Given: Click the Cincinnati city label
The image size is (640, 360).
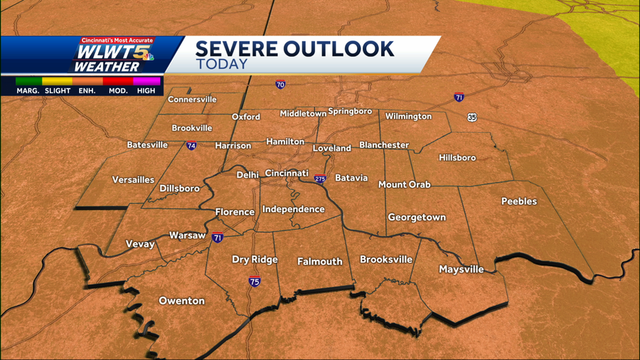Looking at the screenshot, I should (x=287, y=174).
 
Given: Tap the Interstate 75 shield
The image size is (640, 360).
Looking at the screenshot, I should (x=255, y=282).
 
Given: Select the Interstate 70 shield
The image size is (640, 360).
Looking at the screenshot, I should (x=280, y=85).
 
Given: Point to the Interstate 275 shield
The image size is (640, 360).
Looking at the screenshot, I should (x=321, y=179).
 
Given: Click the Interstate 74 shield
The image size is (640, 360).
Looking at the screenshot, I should (x=191, y=146).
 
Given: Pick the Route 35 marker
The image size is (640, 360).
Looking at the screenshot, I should (x=472, y=117).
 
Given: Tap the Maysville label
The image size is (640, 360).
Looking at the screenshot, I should (x=461, y=270).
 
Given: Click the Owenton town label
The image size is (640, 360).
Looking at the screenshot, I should (x=181, y=301).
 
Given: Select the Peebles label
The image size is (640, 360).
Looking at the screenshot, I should (x=519, y=201).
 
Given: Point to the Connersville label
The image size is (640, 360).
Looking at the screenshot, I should (x=192, y=100).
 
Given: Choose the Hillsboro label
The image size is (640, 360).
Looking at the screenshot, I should (x=457, y=157).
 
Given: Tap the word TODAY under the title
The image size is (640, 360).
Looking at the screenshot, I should (x=222, y=64).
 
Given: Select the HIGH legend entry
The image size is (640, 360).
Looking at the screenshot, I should (x=146, y=90).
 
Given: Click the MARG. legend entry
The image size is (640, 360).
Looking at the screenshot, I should (x=28, y=90).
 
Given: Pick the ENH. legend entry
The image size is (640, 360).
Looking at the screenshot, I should (x=86, y=90).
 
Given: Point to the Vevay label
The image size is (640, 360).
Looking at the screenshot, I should (x=140, y=244).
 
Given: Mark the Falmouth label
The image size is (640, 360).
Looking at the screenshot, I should (x=319, y=262).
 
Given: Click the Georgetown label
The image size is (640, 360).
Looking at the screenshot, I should (x=417, y=218).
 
